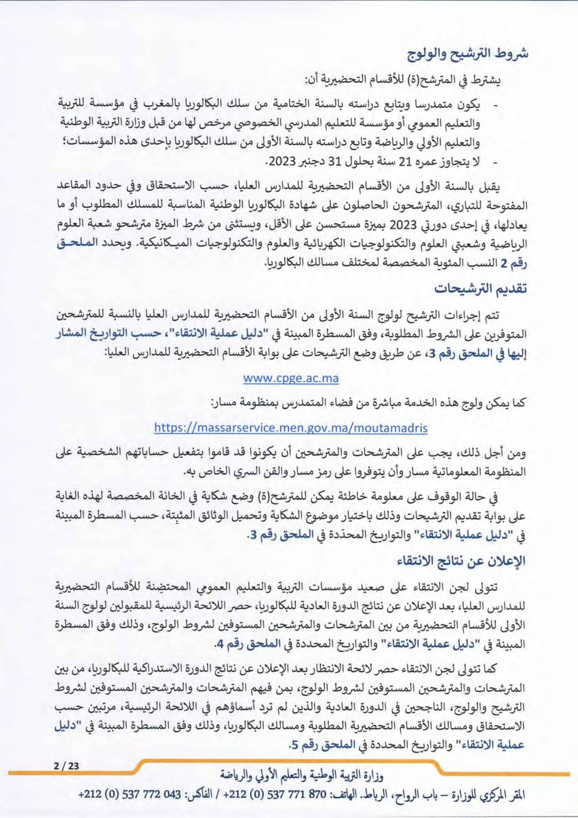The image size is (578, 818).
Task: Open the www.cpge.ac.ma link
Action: pyautogui.click(x=291, y=378)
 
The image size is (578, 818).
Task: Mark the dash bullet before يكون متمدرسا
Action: pyautogui.click(x=494, y=106)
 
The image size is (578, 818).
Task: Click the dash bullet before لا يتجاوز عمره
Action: pyautogui.click(x=494, y=163)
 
